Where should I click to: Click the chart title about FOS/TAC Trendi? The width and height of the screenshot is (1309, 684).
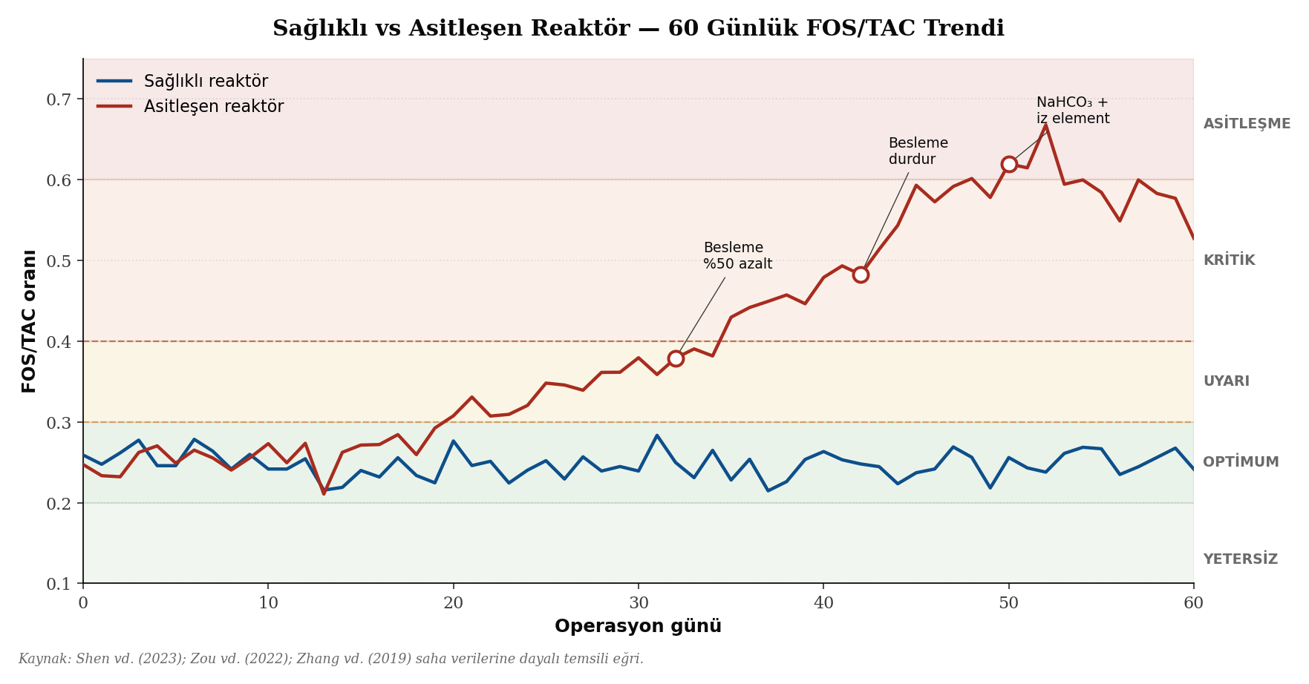[638, 29]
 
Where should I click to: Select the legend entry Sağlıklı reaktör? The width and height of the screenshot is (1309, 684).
[206, 82]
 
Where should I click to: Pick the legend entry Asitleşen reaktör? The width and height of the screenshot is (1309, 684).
[213, 106]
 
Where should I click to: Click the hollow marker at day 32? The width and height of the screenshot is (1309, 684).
[676, 358]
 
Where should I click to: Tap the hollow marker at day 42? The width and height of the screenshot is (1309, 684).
[861, 274]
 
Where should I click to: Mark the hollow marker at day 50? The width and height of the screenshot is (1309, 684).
[1009, 164]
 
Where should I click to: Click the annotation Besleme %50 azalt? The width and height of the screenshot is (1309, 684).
[737, 256]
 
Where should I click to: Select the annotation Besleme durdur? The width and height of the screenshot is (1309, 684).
[918, 151]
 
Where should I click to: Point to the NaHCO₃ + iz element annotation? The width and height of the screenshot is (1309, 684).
[1072, 111]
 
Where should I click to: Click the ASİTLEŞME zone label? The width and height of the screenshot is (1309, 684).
[1247, 124]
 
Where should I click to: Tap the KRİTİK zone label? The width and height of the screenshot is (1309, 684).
[1229, 260]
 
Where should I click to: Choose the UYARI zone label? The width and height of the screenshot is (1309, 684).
[1226, 381]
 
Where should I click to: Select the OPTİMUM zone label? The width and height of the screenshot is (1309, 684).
[1241, 462]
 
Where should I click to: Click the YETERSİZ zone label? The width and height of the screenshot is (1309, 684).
[1240, 559]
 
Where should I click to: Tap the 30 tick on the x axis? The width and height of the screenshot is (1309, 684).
[638, 603]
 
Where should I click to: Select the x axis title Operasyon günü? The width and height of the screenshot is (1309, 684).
[638, 626]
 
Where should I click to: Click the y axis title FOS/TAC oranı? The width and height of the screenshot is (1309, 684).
[29, 320]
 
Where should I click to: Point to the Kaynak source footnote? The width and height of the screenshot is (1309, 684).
[330, 659]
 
